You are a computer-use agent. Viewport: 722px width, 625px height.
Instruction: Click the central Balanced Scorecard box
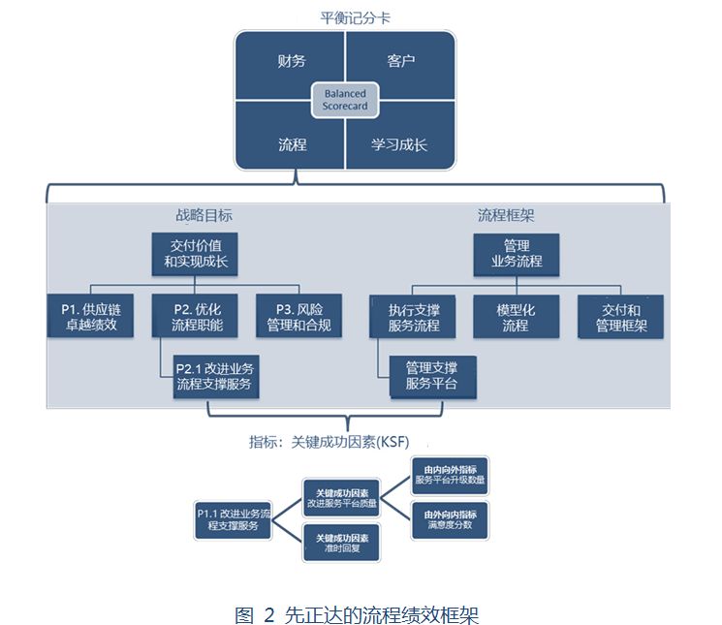tap(345, 100)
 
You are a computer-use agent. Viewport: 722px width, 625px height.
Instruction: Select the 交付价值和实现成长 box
tap(195, 254)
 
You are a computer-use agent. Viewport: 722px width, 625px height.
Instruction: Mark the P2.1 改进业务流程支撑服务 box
tap(215, 377)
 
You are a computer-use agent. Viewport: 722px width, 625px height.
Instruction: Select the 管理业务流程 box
tap(516, 254)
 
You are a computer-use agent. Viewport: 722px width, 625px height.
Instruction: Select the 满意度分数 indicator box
tap(450, 519)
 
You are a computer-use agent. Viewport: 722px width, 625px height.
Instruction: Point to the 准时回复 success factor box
tap(341, 542)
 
